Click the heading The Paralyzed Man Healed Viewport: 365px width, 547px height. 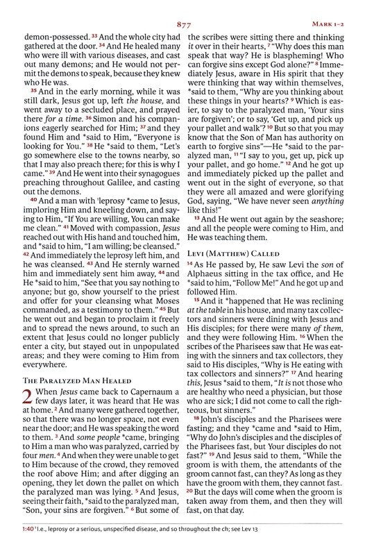[x=67, y=379]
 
